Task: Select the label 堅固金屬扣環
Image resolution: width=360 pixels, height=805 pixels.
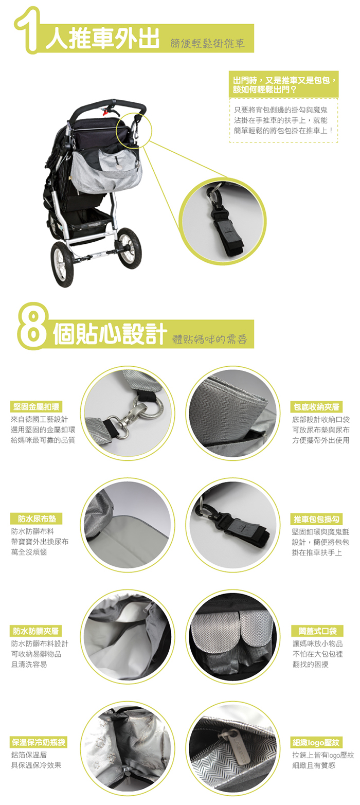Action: click(x=36, y=407)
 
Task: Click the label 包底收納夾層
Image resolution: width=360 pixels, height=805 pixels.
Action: click(x=316, y=407)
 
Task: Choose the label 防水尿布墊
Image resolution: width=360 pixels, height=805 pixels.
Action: click(x=36, y=518)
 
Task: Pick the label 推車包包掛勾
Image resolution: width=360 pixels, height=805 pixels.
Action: click(x=316, y=519)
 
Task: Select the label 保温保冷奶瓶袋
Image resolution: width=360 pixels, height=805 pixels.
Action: click(x=39, y=742)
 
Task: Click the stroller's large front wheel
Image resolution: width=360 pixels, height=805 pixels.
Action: click(x=63, y=264)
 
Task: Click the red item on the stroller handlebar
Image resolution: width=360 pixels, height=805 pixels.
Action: click(x=105, y=112)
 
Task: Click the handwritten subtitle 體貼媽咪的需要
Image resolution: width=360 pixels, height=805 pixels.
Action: click(x=210, y=339)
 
